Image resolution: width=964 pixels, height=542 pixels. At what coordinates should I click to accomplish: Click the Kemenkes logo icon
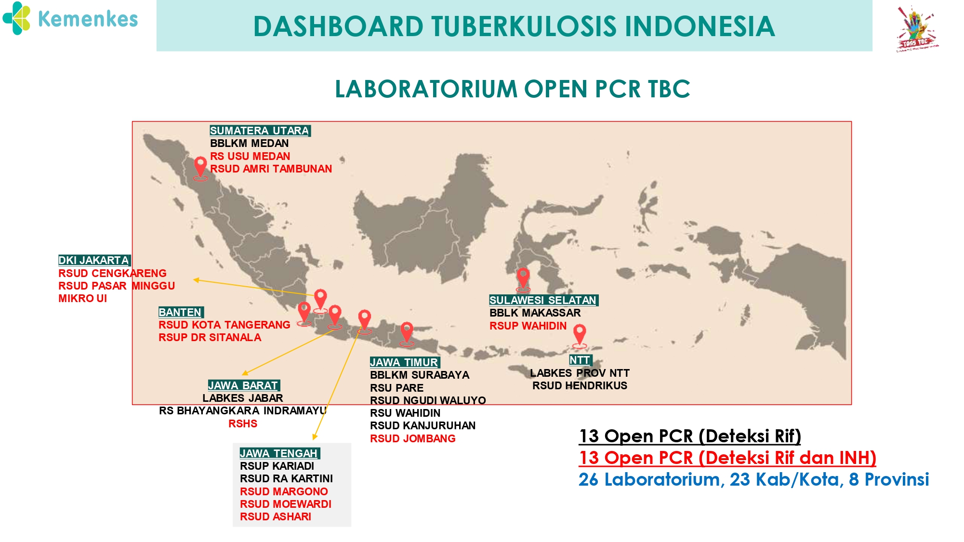(16, 18)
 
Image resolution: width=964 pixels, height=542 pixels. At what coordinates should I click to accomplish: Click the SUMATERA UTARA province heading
(260, 131)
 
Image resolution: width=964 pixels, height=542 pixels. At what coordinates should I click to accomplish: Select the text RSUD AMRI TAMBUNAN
(271, 169)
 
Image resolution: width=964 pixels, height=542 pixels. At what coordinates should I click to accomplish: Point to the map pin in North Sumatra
(200, 169)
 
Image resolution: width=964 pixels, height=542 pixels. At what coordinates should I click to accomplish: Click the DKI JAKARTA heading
(94, 260)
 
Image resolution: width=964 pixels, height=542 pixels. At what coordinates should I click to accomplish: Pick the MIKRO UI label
(82, 298)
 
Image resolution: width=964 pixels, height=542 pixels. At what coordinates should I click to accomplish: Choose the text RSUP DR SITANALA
(210, 337)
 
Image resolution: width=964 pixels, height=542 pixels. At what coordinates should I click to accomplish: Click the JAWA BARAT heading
(244, 385)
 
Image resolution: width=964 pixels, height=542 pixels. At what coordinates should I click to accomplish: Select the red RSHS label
(243, 423)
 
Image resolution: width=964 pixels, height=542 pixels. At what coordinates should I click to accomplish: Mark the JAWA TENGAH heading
(280, 453)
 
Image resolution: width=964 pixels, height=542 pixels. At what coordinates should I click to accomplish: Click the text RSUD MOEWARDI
(286, 504)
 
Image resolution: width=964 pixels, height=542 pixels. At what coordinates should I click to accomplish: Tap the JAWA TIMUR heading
(405, 362)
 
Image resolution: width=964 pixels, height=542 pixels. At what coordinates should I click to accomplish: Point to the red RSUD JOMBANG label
(412, 438)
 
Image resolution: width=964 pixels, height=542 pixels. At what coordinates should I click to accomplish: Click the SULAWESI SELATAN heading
(543, 300)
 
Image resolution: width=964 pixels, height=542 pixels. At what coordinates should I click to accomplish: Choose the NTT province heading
(580, 360)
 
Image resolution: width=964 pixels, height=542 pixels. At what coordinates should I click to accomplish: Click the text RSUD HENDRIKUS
(580, 385)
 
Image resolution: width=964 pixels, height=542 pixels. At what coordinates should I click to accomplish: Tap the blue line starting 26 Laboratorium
(753, 479)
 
